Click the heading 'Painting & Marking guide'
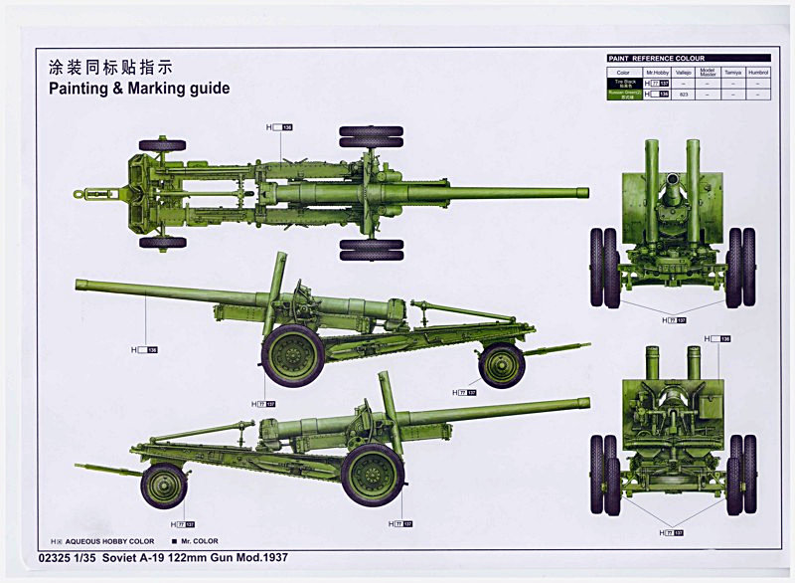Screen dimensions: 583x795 pos(139,89)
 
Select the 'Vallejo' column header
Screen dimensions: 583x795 pos(684,72)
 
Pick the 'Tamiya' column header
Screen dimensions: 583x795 pos(733,72)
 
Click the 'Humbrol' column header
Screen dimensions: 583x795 pos(759,72)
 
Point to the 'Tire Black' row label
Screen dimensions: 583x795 pos(624,84)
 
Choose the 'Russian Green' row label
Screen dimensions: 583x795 pos(624,95)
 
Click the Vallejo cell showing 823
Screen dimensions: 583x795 pos(684,95)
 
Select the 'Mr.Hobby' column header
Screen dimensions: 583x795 pos(657,72)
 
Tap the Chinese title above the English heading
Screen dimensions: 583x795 pos(110,68)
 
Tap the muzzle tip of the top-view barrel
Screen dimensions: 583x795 pos(585,192)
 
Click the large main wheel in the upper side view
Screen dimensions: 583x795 pos(293,355)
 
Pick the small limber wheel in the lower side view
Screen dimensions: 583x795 pos(164,486)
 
